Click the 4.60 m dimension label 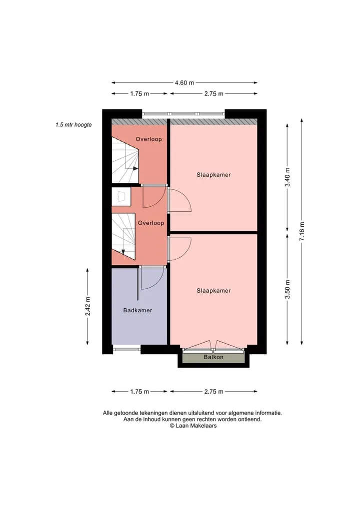(184, 83)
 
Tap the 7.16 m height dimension (302, 231)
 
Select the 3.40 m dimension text (287, 177)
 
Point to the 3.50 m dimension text (287, 289)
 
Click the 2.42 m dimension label (87, 306)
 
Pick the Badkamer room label (137, 310)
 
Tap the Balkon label (213, 357)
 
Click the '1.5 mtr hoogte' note (73, 125)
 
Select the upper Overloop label (148, 139)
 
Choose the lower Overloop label (151, 223)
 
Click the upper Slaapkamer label (213, 175)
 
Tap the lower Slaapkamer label (213, 291)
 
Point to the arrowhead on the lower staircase (123, 252)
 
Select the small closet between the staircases (121, 196)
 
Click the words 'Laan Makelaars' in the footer (196, 426)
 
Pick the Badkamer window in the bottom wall (126, 349)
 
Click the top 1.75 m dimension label (139, 94)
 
